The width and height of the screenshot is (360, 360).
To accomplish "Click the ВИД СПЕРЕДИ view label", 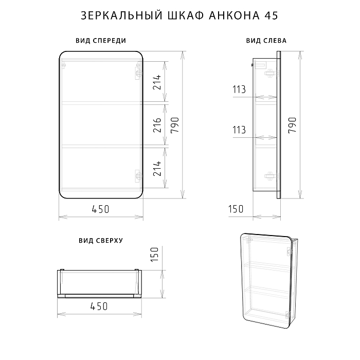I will pos(101,41).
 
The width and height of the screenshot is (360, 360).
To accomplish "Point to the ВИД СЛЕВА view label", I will pos(266,41).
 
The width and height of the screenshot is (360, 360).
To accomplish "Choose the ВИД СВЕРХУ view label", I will pos(100,240).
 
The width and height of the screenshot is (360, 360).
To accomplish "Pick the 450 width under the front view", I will pos(100,209).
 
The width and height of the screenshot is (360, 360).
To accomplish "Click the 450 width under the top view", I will pos(99,306).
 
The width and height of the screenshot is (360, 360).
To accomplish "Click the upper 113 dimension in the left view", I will pos(239,89).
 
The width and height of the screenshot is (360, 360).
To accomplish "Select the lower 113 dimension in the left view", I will pos(239,131).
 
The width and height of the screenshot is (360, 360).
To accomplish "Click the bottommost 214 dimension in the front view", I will pos(158,169).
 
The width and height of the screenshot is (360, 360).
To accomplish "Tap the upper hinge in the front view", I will pos(137,73).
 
